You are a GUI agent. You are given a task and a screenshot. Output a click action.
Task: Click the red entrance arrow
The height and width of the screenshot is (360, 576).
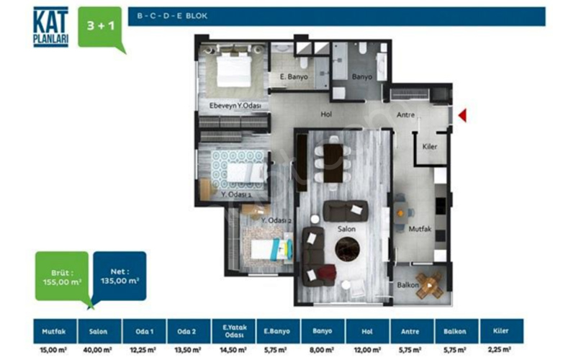(x=463, y=115)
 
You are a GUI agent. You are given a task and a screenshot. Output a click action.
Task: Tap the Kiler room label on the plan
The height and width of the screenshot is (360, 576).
(x=429, y=147)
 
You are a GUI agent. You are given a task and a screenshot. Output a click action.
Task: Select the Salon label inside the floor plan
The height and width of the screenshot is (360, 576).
(x=346, y=229)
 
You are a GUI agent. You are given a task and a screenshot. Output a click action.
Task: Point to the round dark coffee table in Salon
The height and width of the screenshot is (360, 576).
(x=347, y=249)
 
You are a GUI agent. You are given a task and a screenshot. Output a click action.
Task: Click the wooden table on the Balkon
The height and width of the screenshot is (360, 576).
(x=430, y=284)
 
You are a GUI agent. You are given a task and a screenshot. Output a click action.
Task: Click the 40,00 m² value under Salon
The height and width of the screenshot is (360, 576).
(x=97, y=350)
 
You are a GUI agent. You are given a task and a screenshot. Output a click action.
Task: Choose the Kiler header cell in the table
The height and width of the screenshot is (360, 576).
(x=501, y=331)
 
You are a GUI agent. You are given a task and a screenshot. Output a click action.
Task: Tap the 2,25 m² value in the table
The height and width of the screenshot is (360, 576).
(x=500, y=349)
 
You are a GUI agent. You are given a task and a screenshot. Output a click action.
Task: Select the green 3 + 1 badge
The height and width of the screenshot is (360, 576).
(x=100, y=27)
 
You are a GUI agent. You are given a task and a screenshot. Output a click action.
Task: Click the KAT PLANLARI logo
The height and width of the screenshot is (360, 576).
(x=50, y=27)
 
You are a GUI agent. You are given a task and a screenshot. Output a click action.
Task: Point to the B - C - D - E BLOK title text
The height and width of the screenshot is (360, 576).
(x=172, y=16)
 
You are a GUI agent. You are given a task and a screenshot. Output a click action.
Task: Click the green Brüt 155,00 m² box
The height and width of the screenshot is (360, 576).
(x=62, y=276)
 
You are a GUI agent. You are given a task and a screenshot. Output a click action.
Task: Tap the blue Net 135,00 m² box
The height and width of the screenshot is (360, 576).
(x=120, y=276)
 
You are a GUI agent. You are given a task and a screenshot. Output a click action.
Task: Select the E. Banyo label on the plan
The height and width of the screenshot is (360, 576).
(x=294, y=77)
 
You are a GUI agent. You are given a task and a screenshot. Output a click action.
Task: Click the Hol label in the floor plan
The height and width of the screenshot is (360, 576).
(x=326, y=114)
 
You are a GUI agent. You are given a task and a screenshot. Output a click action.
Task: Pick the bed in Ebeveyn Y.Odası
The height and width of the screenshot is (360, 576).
(x=234, y=70)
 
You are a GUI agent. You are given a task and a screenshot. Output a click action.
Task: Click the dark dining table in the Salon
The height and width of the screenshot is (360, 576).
(x=333, y=163)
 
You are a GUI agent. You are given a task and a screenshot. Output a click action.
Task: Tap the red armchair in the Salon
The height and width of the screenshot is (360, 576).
(x=327, y=274)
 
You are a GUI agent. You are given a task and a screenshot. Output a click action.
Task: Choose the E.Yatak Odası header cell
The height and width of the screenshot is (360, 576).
(x=234, y=331)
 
